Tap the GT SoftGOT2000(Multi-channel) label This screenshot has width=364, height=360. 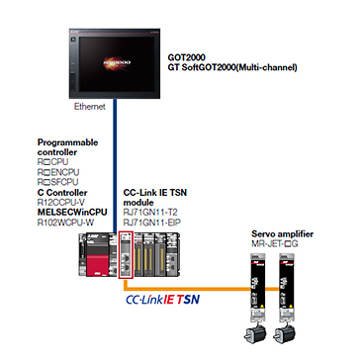tap(232, 68)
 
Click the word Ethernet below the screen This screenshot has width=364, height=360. tap(90, 107)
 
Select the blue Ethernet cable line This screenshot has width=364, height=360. tap(115, 165)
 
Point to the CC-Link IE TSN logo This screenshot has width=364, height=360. tap(163, 300)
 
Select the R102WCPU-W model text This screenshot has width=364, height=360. tap(65, 223)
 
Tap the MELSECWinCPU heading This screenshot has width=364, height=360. tap(72, 213)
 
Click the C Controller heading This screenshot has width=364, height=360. tap(62, 192)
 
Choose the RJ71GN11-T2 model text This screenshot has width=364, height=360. tap(150, 213)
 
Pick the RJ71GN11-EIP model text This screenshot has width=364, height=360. tap(152, 223)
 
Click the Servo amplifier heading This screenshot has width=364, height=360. tap(283, 234)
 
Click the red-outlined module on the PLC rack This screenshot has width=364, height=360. tap(126, 255)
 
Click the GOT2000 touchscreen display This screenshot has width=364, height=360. tap(116, 63)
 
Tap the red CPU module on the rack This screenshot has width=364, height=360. tap(98, 254)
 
